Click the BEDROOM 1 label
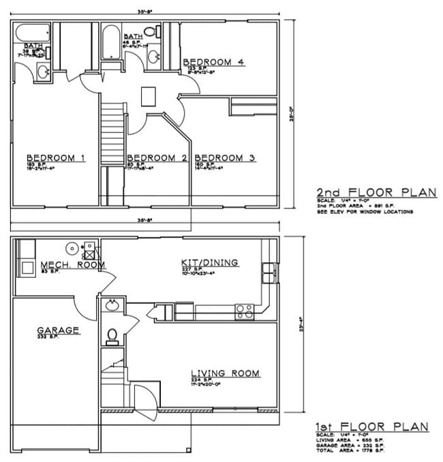click(55, 158)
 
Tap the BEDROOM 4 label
click(213, 63)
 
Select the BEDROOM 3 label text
click(229, 158)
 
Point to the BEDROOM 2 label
click(157, 158)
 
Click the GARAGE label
click(58, 330)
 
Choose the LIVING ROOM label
click(225, 373)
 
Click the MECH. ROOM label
click(72, 265)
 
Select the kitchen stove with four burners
click(245, 311)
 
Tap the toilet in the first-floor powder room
click(113, 335)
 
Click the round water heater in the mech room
click(72, 248)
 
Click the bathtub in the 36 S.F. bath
click(31, 32)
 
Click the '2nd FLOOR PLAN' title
click(376, 192)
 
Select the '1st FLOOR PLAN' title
click(371, 427)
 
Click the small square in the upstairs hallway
click(149, 96)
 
